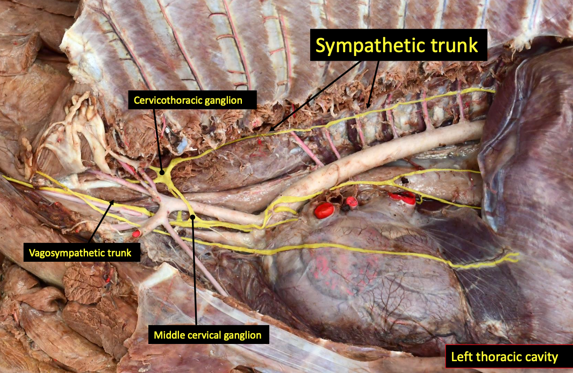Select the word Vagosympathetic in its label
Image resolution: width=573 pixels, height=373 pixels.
tap(60, 253)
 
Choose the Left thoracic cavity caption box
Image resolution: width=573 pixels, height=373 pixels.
tap(505, 356)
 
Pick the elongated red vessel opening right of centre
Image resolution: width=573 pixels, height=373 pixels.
tap(402, 197)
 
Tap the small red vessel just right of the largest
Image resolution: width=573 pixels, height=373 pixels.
tap(352, 203)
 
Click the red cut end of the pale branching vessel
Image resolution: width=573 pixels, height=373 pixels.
tap(137, 234)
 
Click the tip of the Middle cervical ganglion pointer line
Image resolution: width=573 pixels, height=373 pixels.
tap(192, 217)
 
